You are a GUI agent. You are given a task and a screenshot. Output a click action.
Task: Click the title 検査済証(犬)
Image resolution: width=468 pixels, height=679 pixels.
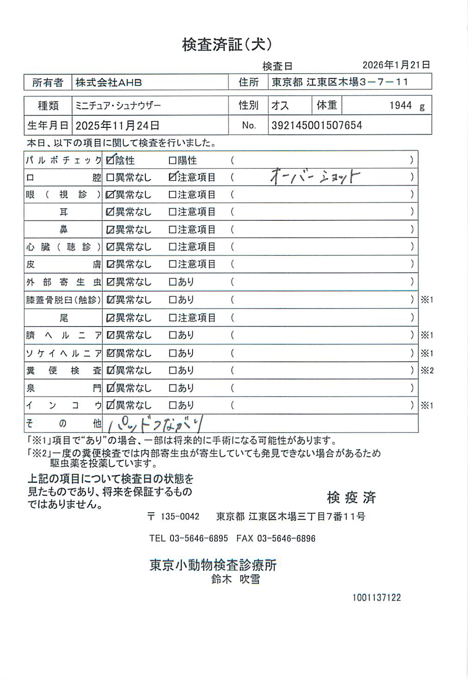pos(227,44)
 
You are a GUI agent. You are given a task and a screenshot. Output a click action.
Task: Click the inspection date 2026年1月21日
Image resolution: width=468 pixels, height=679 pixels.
pos(396,65)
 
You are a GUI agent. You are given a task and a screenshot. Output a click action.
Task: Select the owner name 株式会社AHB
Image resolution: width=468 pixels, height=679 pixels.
pos(109,82)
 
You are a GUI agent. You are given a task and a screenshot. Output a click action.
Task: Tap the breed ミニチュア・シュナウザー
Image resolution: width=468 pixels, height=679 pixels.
pos(118,106)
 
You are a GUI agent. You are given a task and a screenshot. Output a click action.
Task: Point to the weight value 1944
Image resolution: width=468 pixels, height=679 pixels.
pos(400,106)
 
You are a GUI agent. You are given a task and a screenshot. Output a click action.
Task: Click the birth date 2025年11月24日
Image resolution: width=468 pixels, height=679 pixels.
pos(118,126)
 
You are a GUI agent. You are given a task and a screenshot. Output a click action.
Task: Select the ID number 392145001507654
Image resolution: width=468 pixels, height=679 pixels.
pos(317,126)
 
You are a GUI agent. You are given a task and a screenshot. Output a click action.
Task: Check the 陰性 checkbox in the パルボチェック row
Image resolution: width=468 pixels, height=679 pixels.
pos(110,160)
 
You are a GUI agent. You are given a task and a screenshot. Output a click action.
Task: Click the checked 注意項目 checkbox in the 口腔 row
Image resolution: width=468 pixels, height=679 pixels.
pos(173,177)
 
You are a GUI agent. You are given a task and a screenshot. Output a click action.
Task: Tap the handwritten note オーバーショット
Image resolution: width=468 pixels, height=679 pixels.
pos(315,176)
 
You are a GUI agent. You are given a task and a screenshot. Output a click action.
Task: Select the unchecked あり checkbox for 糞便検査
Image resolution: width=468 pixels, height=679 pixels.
pos(173,371)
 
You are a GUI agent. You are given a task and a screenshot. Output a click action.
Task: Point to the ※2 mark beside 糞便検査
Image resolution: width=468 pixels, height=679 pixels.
pos(427,371)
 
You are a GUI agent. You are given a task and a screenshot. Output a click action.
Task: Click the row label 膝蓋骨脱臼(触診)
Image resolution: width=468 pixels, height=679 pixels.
pos(63,300)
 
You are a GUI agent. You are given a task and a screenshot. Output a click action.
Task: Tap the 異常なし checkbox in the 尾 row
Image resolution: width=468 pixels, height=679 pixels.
pos(110,318)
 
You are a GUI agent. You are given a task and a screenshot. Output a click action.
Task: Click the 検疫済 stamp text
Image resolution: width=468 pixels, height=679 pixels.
pos(351,497)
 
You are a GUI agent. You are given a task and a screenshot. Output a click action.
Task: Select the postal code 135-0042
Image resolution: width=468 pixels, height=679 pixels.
pos(180,516)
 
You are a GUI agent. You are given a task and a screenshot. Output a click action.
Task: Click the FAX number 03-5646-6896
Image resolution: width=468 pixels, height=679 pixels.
pos(286,538)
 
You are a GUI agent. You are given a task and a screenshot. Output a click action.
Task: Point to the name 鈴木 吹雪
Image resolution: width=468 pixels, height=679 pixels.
pos(236,579)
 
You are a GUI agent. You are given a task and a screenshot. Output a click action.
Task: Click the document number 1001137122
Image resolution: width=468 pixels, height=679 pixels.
pos(376,597)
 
